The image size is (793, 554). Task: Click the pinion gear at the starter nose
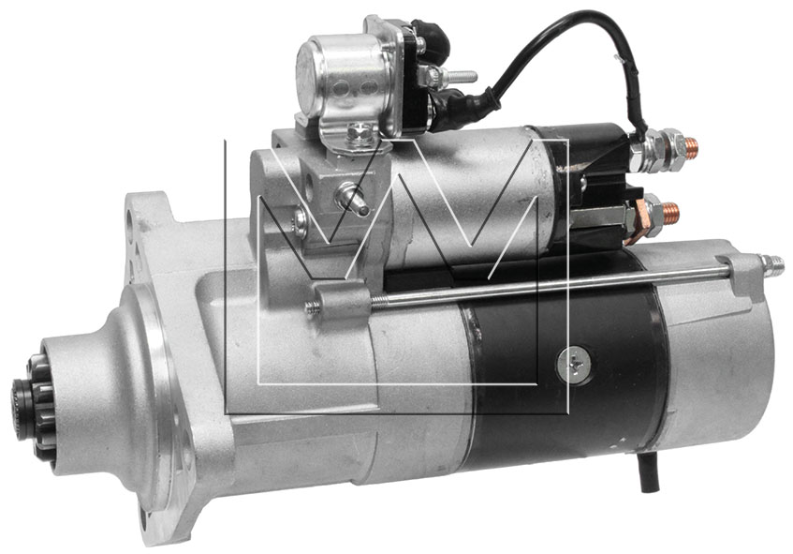tap(34, 408)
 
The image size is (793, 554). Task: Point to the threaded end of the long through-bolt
tap(771, 265)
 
